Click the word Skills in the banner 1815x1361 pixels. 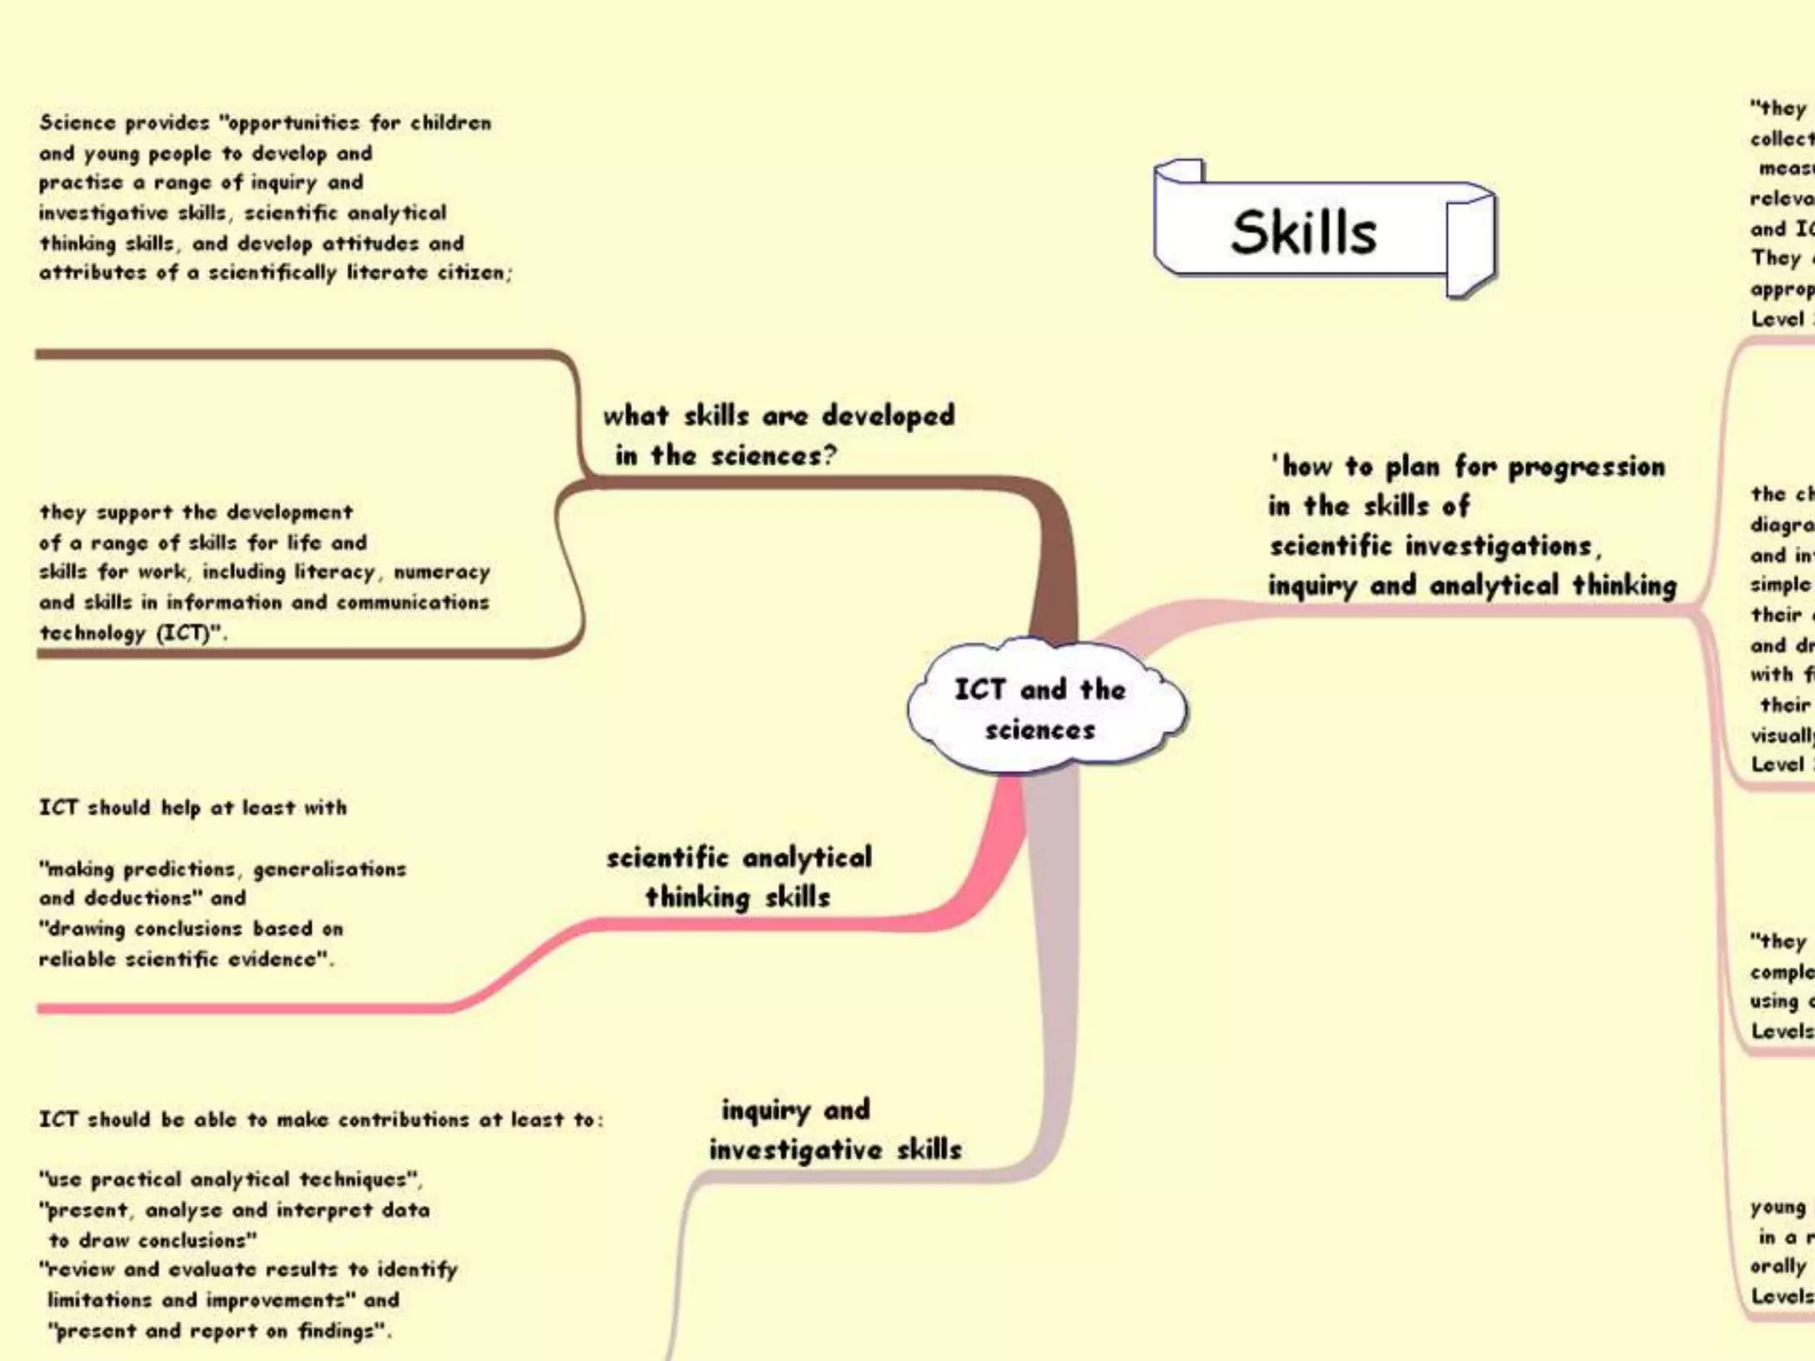pos(1303,232)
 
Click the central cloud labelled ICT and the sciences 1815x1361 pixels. pos(1042,709)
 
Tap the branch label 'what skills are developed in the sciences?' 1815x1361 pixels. pos(778,435)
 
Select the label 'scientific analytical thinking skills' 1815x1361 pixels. pos(738,877)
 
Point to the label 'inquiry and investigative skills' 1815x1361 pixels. pos(834,1130)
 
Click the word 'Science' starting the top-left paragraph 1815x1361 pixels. pos(77,122)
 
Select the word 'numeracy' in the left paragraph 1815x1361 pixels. pos(441,572)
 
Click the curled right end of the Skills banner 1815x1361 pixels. pos(1469,244)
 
